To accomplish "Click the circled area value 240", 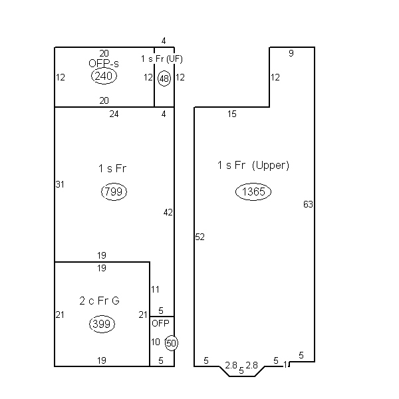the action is pyautogui.click(x=104, y=76).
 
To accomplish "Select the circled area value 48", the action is pyautogui.click(x=164, y=78).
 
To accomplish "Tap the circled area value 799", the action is pyautogui.click(x=114, y=192).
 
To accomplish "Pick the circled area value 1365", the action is pyautogui.click(x=253, y=192).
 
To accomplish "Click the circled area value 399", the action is pyautogui.click(x=102, y=324).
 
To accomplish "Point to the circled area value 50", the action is pyautogui.click(x=172, y=343).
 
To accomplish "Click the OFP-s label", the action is pyautogui.click(x=104, y=63).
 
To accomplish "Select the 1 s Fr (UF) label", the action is pyautogui.click(x=162, y=59).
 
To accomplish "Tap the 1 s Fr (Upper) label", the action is pyautogui.click(x=253, y=165).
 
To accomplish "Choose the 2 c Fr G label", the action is pyautogui.click(x=99, y=301).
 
